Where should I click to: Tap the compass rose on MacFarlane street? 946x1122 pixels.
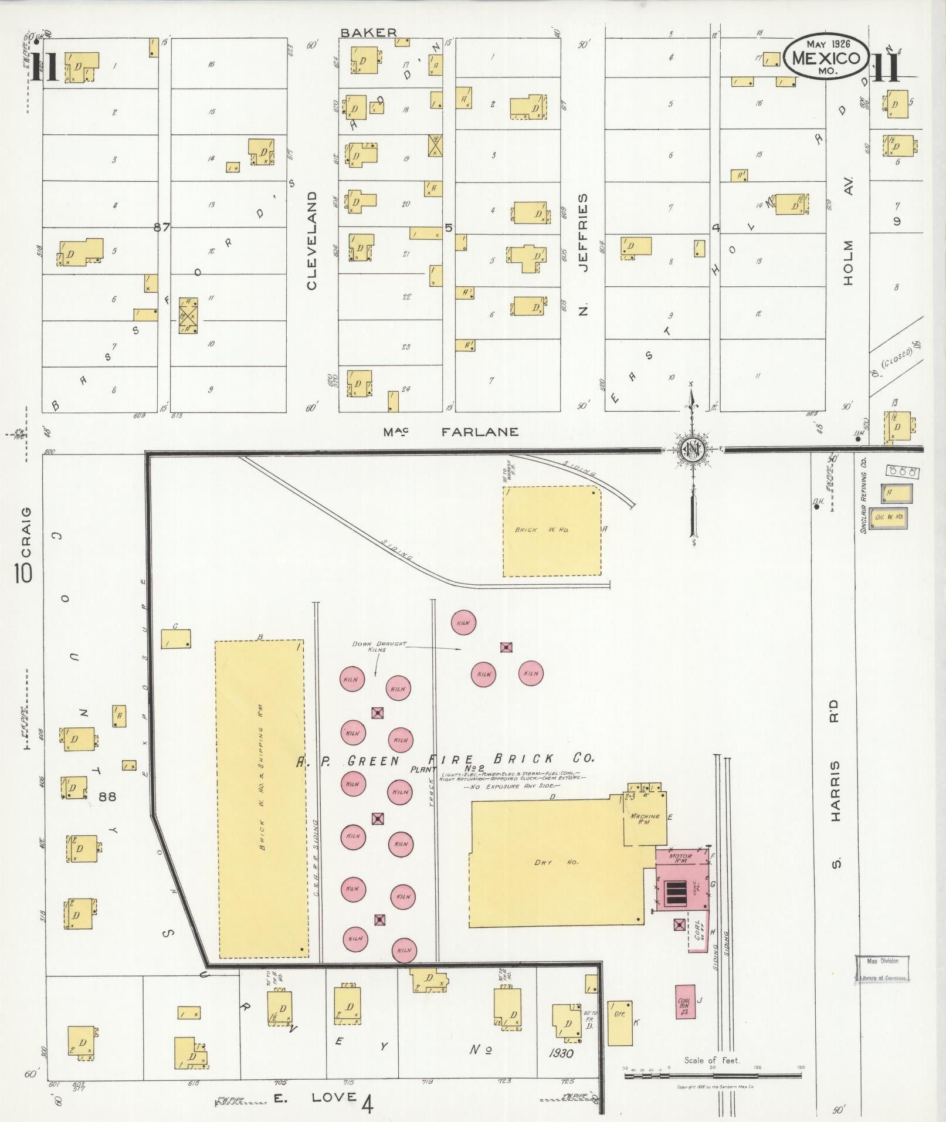692,449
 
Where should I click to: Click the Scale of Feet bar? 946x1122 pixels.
713,1074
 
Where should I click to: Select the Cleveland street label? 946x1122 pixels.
311,240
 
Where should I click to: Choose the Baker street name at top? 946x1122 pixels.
369,33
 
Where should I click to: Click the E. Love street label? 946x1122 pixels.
316,1097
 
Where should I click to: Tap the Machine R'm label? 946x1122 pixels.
645,819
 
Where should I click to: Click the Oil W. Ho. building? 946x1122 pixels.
889,517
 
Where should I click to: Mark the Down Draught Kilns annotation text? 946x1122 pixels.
379,646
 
